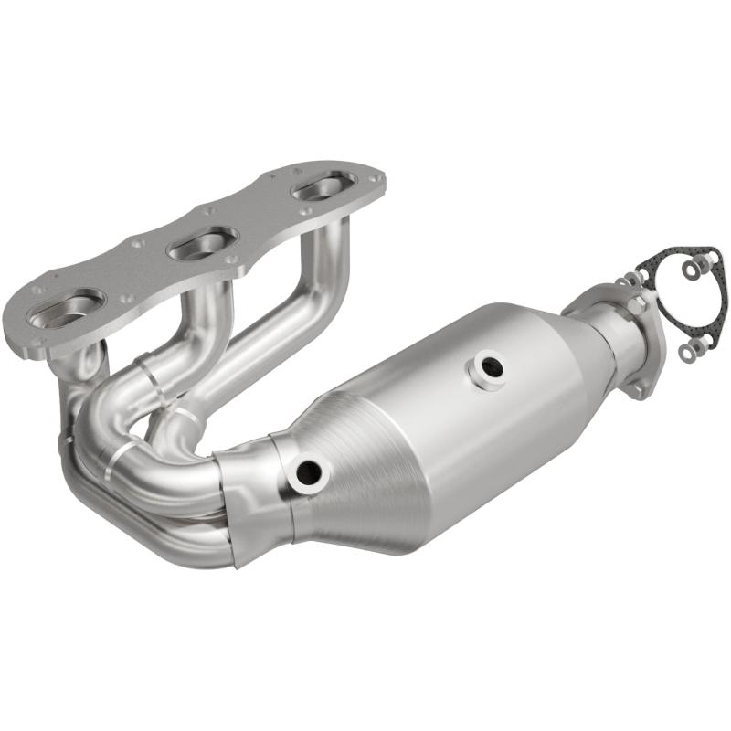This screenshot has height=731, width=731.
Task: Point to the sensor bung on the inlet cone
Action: pyautogui.click(x=308, y=472)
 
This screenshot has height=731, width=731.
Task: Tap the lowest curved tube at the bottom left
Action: pyautogui.click(x=137, y=530)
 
